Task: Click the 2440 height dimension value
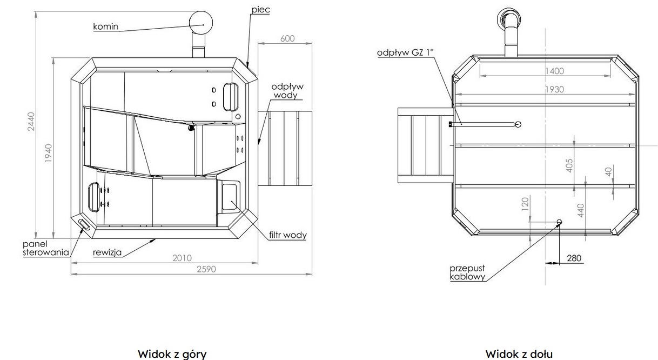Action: (31, 122)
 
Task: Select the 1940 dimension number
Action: (49, 153)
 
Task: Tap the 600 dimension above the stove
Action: (287, 38)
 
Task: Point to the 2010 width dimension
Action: (182, 258)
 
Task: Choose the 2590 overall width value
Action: (206, 269)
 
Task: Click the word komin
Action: (106, 26)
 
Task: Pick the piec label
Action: (260, 10)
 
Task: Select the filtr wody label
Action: (288, 235)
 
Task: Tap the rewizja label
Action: (107, 252)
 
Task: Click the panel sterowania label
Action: (46, 248)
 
